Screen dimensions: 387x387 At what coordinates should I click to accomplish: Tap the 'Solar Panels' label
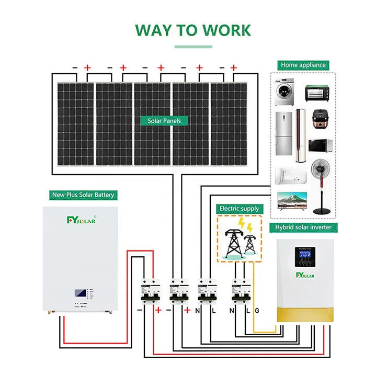[x=164, y=121]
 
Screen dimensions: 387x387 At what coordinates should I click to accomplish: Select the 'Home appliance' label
[x=303, y=65]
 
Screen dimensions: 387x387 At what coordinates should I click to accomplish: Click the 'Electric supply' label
[x=239, y=209]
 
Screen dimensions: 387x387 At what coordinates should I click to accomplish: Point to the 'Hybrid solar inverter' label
[x=303, y=227]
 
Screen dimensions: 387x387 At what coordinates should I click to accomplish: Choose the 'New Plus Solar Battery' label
[x=83, y=195]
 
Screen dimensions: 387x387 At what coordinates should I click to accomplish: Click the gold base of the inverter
[x=304, y=314]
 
